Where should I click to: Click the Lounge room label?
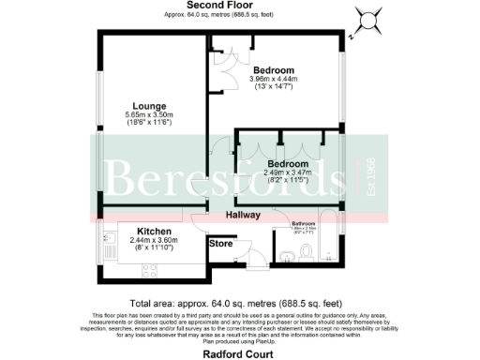150,107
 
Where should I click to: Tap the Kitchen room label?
152,231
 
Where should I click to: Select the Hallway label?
242,216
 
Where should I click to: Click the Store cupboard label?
220,244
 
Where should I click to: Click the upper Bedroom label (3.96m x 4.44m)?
274,70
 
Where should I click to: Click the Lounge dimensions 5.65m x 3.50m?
150,119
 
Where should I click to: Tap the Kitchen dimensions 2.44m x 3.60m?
152,242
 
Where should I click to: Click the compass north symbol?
367,18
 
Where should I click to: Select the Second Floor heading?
222,6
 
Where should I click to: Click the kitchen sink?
106,242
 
